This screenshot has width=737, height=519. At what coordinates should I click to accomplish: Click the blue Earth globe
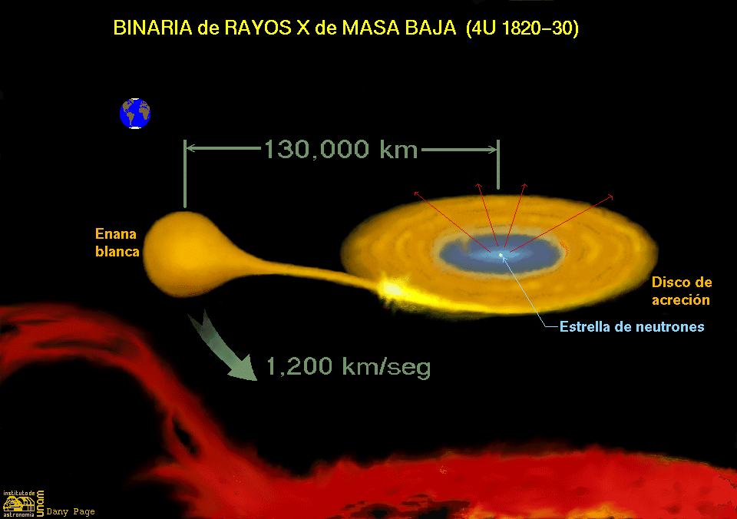[135, 114]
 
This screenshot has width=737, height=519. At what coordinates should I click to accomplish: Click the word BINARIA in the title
[153, 28]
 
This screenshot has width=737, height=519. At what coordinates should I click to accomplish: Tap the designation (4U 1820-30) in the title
[522, 28]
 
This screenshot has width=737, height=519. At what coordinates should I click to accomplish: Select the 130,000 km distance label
[341, 150]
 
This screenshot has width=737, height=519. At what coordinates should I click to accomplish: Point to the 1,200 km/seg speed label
[349, 366]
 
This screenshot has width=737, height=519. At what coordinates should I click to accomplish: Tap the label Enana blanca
[117, 243]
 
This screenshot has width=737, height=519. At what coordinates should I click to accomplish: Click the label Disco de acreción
[681, 291]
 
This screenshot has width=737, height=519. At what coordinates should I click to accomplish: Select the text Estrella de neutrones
[632, 327]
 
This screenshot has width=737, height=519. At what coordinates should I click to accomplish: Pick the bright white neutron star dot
[501, 255]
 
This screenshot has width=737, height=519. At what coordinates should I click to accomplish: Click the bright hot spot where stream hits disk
[392, 288]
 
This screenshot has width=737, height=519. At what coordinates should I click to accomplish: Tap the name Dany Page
[71, 511]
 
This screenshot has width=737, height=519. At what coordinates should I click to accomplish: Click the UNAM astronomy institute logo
[24, 504]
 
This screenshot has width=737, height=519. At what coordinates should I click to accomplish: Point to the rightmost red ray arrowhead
[610, 197]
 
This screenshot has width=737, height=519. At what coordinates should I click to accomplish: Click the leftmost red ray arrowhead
[416, 193]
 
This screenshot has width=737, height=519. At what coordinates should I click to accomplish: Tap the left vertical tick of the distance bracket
[185, 174]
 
